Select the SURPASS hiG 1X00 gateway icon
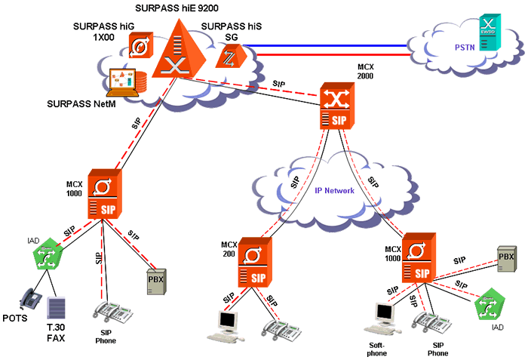[141, 46]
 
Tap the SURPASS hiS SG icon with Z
[226, 56]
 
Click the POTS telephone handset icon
[30, 300]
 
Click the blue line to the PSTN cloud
[332, 45]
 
